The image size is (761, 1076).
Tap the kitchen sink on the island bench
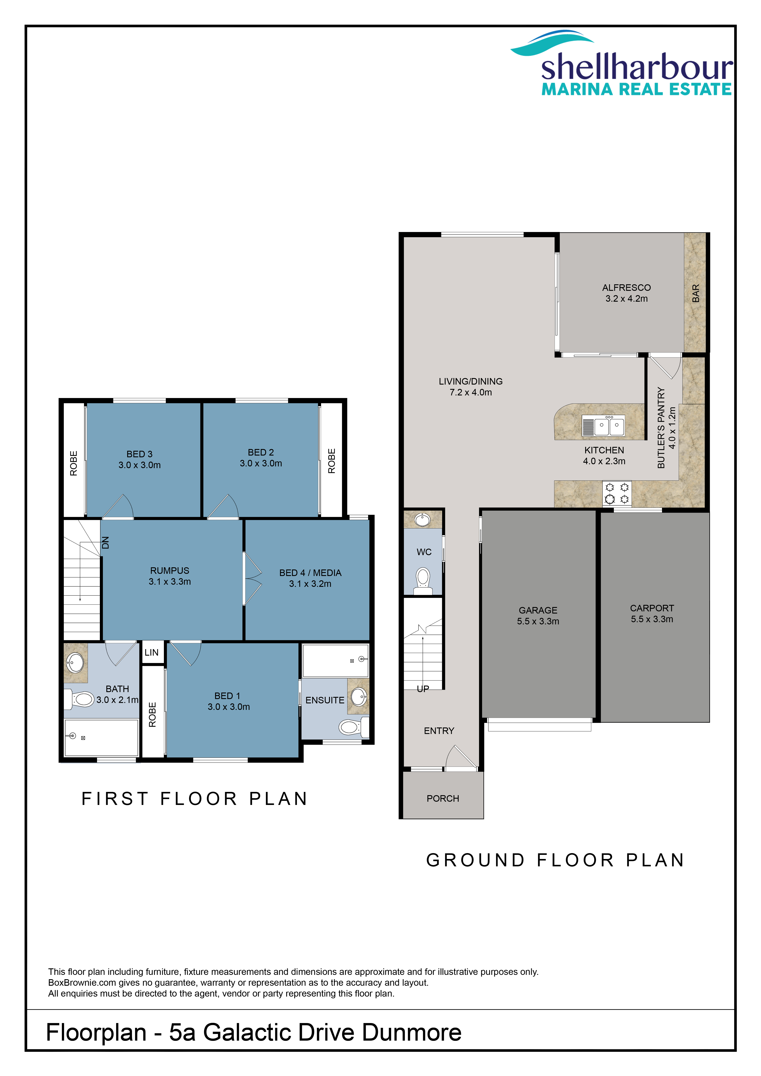pos(604,426)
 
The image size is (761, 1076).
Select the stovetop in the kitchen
pos(617,494)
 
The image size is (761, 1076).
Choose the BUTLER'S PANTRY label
pos(661,427)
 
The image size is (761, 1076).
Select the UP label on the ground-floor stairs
pos(423,688)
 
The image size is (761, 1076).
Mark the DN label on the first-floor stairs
pos(105,543)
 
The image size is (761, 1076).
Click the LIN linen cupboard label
pos(151,652)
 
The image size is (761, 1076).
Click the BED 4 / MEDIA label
pos(310,573)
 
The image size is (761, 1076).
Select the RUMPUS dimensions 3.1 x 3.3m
pos(170,582)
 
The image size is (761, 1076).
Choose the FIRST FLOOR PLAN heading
pos(194,799)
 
